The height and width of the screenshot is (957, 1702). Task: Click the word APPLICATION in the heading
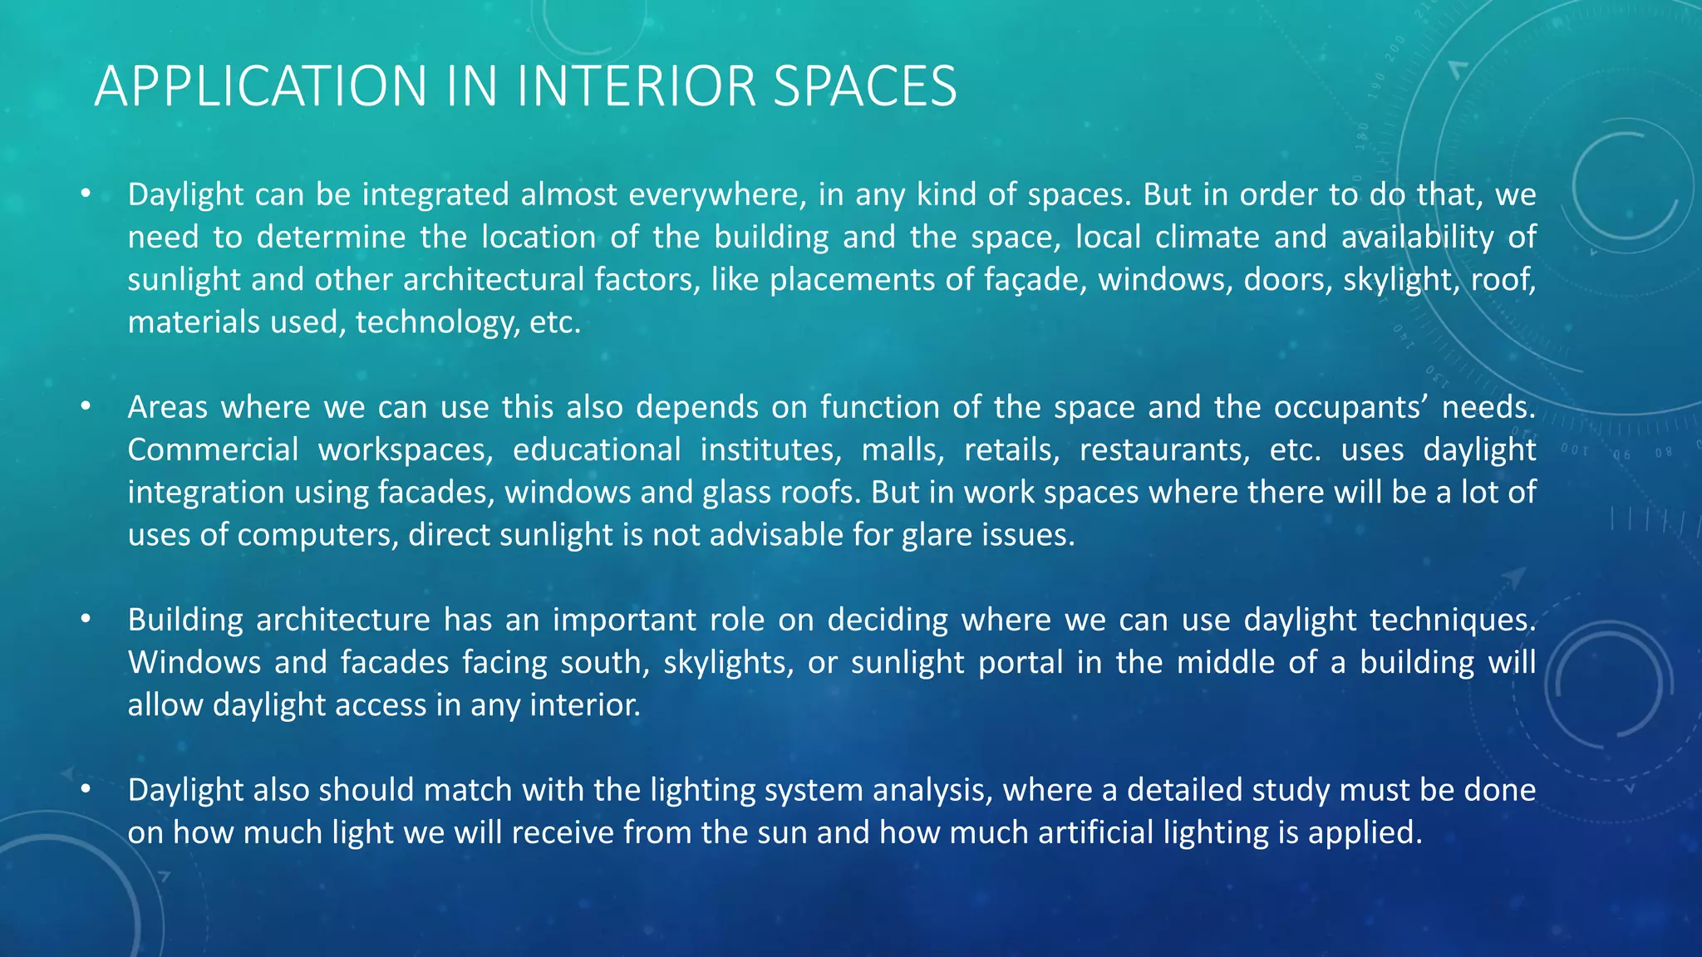260,86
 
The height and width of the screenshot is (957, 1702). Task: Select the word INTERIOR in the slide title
636,86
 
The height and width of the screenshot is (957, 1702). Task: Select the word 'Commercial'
213,449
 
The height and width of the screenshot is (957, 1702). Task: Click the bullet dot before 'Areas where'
85,407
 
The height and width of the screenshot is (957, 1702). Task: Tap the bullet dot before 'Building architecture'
85,620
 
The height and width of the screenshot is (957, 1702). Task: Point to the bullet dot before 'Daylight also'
85,790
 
